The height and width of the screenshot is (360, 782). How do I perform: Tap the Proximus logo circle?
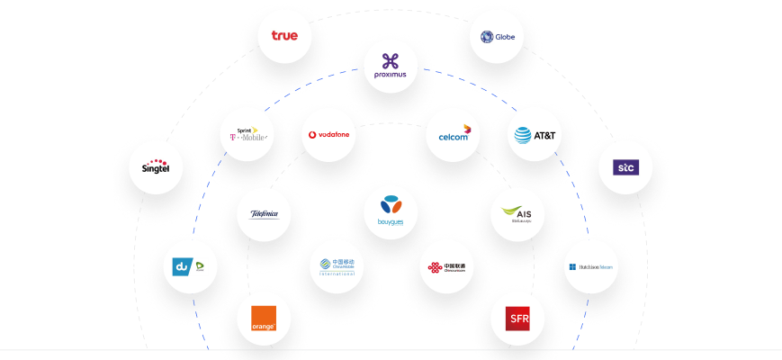(x=391, y=66)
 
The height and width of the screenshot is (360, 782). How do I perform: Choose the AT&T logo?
(x=535, y=136)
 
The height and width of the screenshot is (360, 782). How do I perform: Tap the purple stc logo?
(x=625, y=167)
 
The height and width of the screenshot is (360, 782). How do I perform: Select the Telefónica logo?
(x=264, y=214)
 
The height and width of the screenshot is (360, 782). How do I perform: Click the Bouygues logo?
(x=391, y=212)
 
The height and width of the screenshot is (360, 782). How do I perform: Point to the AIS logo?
(x=523, y=214)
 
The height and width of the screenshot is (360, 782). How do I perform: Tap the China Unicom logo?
(x=446, y=267)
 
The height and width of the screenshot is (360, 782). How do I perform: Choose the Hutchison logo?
(x=592, y=266)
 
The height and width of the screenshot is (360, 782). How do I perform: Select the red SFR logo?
(x=518, y=319)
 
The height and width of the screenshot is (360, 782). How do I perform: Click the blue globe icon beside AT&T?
(x=523, y=136)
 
